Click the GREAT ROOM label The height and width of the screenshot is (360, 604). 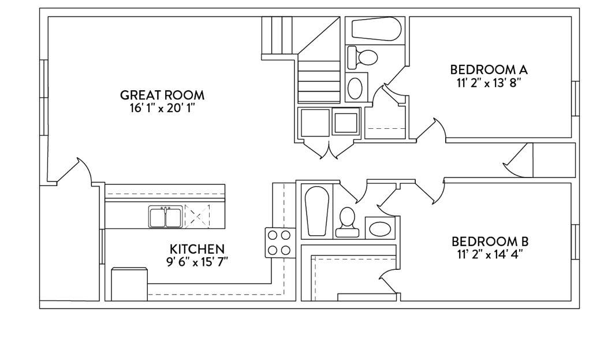tap(162, 95)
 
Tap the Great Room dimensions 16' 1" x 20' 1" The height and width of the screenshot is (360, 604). tap(161, 108)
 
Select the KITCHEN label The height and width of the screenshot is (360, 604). tap(197, 249)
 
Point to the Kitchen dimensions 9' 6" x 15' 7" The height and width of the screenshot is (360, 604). tap(197, 262)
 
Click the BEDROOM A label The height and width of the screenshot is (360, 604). tap(489, 70)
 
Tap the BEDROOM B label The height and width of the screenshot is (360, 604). tap(490, 242)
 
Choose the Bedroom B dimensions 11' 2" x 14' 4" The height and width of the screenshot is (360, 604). tap(490, 255)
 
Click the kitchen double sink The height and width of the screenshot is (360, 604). tap(166, 217)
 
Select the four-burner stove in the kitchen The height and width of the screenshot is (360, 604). tap(280, 243)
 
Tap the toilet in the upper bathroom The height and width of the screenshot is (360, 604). tap(362, 57)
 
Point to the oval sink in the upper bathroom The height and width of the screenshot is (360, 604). tap(355, 88)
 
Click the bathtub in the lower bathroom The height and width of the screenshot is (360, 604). tap(316, 211)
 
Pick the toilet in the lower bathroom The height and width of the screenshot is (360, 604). tap(348, 222)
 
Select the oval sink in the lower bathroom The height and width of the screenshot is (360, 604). tap(380, 229)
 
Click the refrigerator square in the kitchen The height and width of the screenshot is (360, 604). tap(129, 284)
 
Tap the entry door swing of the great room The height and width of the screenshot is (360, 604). tap(74, 171)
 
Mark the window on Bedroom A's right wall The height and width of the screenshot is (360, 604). tap(575, 98)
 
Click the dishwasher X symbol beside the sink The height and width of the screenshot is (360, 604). tap(197, 217)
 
